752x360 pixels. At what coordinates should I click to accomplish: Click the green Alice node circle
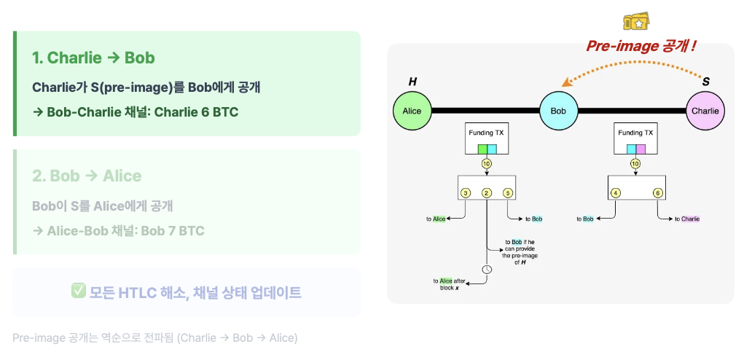(412, 111)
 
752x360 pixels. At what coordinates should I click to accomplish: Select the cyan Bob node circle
(558, 111)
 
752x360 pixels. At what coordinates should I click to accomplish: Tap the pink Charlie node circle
(705, 111)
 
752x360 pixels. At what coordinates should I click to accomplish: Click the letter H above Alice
(412, 82)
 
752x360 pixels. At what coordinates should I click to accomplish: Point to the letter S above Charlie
(705, 82)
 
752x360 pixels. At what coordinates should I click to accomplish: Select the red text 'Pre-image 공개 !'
(641, 47)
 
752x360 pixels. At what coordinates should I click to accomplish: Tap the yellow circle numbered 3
(466, 193)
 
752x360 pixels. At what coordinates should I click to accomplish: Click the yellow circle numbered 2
(486, 193)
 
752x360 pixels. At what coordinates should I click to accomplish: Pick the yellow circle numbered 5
(508, 193)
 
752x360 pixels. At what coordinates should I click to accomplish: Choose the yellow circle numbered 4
(616, 193)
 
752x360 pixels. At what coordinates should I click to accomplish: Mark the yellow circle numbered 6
(657, 193)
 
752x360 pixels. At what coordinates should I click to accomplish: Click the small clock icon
(487, 269)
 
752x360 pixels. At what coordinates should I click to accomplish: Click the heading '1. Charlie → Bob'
(93, 58)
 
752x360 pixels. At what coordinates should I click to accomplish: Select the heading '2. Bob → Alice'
(87, 176)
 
